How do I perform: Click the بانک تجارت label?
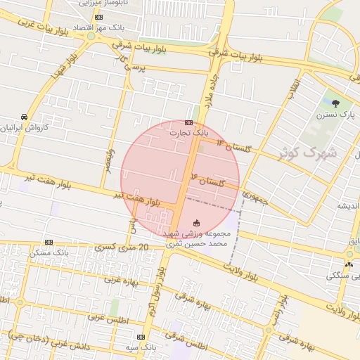[x=190, y=132]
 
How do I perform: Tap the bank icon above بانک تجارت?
[x=188, y=122]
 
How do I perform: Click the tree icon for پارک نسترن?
[x=335, y=103]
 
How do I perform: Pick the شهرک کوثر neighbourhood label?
[x=314, y=152]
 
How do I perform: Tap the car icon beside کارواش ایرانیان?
[x=24, y=117]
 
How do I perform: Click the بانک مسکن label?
[x=49, y=252]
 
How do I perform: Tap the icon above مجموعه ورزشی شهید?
[x=195, y=222]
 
